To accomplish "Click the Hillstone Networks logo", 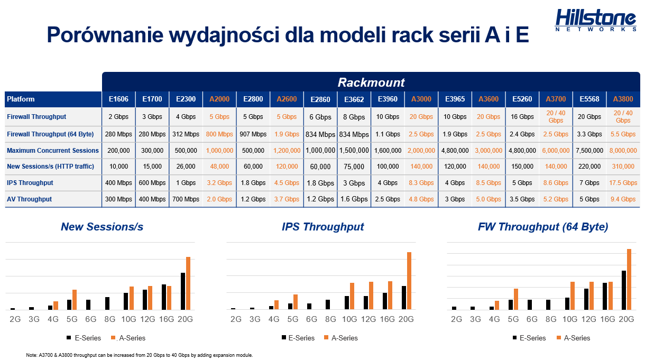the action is pos(595,20).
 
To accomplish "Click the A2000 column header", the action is pos(219,99).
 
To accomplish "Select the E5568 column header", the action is pos(589,99).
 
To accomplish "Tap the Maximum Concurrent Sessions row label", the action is pos(53,150).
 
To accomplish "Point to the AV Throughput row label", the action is pos(30,199).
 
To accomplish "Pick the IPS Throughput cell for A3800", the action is pos(623,182).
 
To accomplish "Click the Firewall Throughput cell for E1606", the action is pos(118,117).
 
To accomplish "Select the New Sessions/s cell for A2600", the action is pos(287,166).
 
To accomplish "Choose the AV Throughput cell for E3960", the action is pos(388,199).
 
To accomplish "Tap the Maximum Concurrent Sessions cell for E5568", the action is pos(589,150).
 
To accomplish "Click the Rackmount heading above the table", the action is pos(371,82).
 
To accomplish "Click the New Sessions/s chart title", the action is pos(102,227).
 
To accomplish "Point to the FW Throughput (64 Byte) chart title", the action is pos(543,227).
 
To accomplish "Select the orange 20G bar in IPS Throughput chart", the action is pos(409,281).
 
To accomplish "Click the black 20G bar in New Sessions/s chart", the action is pos(183,291).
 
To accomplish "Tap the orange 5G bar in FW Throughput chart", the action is pos(515,299).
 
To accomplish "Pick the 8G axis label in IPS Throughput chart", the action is pos(330,319).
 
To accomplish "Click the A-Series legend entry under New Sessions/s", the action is pos(128,338).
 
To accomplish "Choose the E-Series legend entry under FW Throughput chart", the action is pos(529,338).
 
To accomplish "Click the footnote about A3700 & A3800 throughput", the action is pos(140,355).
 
